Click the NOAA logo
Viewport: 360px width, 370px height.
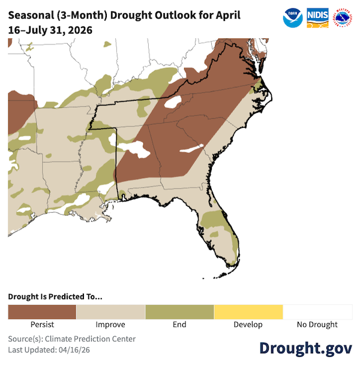click(293, 17)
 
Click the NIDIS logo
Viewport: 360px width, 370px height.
click(317, 17)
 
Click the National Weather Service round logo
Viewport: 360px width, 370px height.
click(342, 17)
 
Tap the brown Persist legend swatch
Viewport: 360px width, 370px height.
click(42, 312)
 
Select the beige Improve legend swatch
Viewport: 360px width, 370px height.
click(110, 312)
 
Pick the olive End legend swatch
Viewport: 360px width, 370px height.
click(179, 312)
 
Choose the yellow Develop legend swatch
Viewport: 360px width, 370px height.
click(248, 312)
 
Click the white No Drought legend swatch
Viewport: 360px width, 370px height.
click(317, 312)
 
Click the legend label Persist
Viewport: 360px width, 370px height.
click(42, 325)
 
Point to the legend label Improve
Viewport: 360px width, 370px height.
click(110, 325)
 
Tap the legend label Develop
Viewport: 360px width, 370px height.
click(248, 325)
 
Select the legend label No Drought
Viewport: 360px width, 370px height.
click(317, 325)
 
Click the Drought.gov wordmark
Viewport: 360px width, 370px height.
click(305, 349)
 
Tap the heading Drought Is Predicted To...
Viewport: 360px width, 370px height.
click(55, 296)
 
